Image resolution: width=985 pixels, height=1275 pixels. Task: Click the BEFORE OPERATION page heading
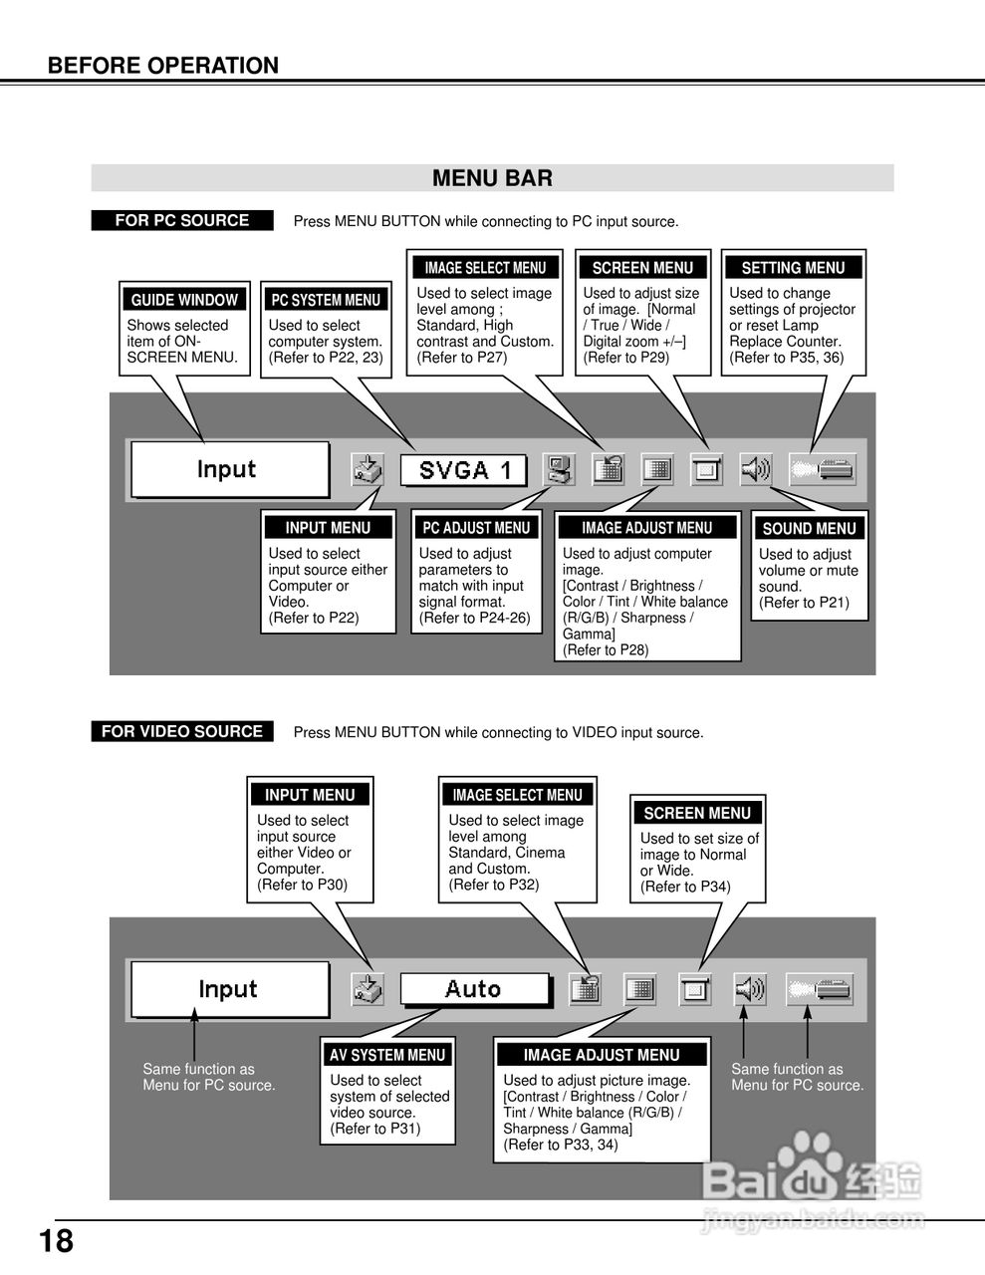click(163, 66)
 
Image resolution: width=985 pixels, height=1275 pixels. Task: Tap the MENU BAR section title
click(492, 178)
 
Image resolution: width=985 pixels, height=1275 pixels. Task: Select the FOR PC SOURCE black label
click(181, 220)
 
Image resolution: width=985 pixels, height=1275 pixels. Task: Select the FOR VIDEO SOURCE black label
click(181, 731)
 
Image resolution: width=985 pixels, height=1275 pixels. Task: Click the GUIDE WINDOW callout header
click(184, 300)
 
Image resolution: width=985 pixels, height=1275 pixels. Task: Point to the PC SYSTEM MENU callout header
click(326, 300)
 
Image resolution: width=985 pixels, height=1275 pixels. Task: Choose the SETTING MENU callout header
click(793, 268)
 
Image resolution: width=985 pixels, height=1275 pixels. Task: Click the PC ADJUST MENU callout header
click(476, 528)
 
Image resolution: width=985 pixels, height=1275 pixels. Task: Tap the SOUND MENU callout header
click(809, 529)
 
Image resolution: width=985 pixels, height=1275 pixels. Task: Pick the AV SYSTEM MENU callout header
click(387, 1055)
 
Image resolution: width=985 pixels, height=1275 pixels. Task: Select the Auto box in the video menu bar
click(474, 989)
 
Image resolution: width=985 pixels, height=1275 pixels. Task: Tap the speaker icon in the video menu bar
click(750, 989)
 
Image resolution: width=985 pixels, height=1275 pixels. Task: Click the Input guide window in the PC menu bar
click(229, 469)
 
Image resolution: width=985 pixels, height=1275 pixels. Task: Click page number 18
click(56, 1241)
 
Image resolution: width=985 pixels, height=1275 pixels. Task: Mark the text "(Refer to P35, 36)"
click(786, 358)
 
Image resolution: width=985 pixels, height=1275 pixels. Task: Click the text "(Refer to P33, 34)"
click(561, 1145)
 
